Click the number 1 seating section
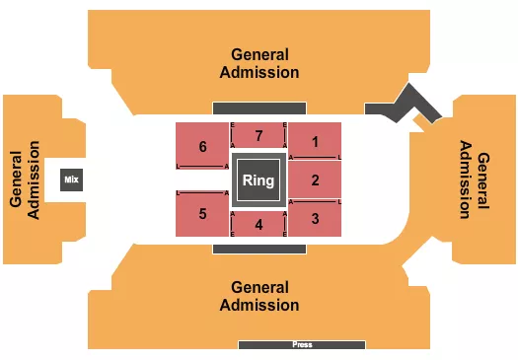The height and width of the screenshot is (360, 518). pyautogui.click(x=315, y=140)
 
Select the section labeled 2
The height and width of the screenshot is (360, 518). pyautogui.click(x=315, y=180)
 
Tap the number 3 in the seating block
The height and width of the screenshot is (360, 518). pyautogui.click(x=315, y=218)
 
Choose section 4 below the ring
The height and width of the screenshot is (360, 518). pyautogui.click(x=259, y=224)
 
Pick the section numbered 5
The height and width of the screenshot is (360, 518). pyautogui.click(x=203, y=213)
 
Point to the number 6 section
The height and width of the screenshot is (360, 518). pyautogui.click(x=203, y=147)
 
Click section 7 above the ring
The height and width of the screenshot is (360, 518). pyautogui.click(x=259, y=135)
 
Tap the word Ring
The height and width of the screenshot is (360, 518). pyautogui.click(x=259, y=180)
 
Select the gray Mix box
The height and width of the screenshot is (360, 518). pyautogui.click(x=70, y=180)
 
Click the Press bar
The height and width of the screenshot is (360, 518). pyautogui.click(x=302, y=345)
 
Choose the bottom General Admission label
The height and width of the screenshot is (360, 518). pyautogui.click(x=260, y=295)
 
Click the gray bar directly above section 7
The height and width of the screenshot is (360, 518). pyautogui.click(x=259, y=108)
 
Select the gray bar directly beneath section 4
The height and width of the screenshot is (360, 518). pyautogui.click(x=259, y=250)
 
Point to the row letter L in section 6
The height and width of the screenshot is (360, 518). pyautogui.click(x=178, y=167)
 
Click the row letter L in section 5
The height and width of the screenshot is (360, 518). pyautogui.click(x=178, y=193)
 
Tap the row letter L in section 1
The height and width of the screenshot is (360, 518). pyautogui.click(x=339, y=158)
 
